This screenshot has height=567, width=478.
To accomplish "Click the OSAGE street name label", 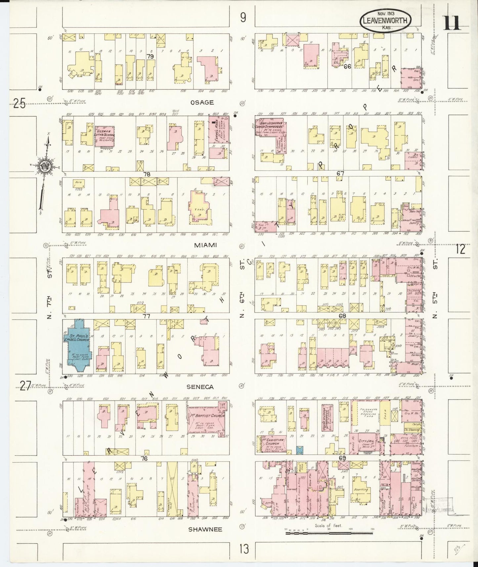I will tap(202, 102).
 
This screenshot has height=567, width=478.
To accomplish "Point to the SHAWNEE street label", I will tap(205, 529).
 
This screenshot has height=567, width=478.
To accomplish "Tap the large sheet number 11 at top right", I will tap(451, 23).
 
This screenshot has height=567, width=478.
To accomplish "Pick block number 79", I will tap(151, 56).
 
